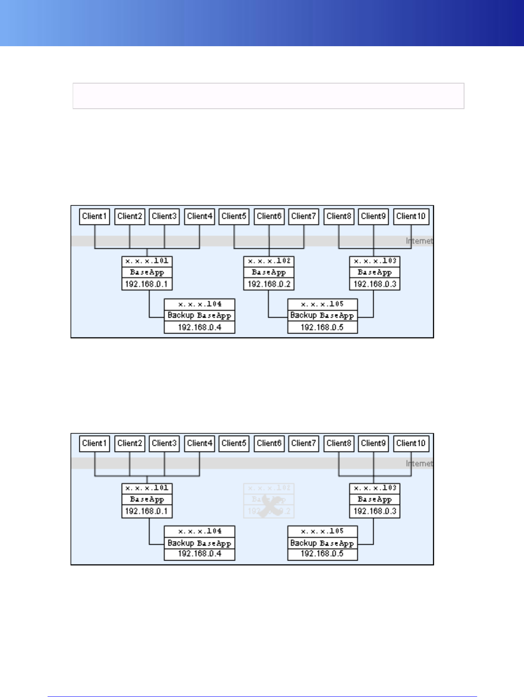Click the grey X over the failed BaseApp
(269, 505)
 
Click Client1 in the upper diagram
(95, 216)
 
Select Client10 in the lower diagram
(411, 443)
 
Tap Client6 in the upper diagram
(269, 216)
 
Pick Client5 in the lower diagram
(234, 443)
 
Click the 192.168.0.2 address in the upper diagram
(269, 284)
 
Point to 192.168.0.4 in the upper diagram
(199, 327)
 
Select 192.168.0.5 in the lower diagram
(322, 554)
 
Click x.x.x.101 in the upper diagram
(147, 261)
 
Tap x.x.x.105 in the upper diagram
(322, 304)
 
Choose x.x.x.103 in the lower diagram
(375, 488)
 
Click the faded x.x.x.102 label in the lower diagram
(269, 488)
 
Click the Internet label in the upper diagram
(419, 241)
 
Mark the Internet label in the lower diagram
(419, 463)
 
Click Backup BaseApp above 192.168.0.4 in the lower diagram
(199, 543)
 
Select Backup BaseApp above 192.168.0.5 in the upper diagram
(322, 315)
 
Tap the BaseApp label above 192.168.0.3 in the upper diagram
(375, 272)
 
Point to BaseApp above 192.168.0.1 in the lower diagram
(147, 499)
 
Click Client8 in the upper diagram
(339, 216)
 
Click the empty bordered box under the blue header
(268, 95)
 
